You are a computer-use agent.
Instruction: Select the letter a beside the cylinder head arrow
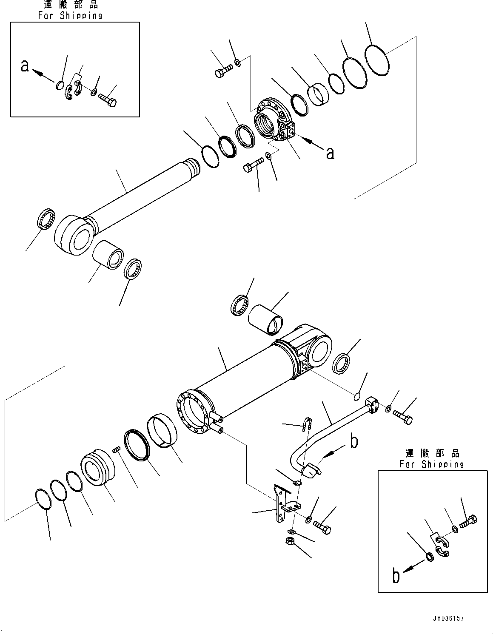tap(330, 152)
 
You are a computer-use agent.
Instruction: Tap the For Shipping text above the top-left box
tap(70, 16)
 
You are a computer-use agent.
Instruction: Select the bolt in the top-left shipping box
tap(108, 100)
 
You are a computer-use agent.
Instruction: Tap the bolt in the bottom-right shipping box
tap(468, 520)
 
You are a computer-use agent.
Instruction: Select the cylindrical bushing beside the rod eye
tap(108, 254)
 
